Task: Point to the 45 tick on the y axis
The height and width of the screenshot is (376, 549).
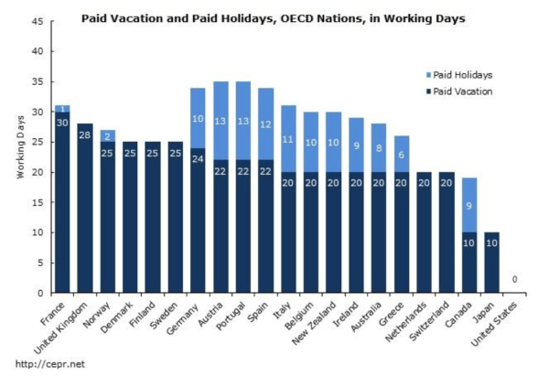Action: click(38, 22)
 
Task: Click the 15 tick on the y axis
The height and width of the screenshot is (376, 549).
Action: click(38, 202)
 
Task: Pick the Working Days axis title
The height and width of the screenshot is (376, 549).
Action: click(19, 157)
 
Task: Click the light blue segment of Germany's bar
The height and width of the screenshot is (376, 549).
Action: click(198, 118)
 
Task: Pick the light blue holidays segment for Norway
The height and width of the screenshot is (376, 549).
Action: click(107, 136)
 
